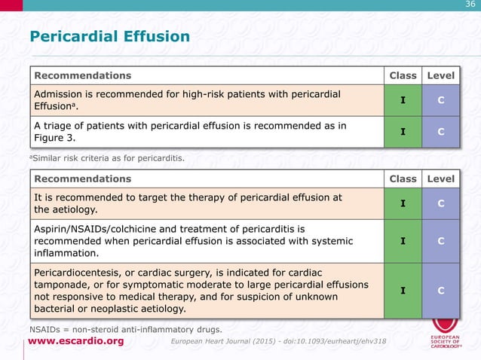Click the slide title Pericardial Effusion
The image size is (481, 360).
click(109, 37)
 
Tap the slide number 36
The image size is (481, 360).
click(470, 6)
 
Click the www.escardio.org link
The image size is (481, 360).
click(76, 341)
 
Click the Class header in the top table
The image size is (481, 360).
click(403, 75)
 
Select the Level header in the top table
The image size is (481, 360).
click(441, 75)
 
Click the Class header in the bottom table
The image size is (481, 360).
click(403, 179)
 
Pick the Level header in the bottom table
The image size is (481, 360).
click(441, 179)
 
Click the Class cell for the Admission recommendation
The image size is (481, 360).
click(403, 100)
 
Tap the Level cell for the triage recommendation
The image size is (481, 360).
click(441, 132)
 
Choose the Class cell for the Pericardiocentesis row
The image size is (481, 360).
click(403, 290)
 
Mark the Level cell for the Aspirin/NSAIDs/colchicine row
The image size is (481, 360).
click(441, 241)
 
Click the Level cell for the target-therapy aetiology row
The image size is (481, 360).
click(441, 203)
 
